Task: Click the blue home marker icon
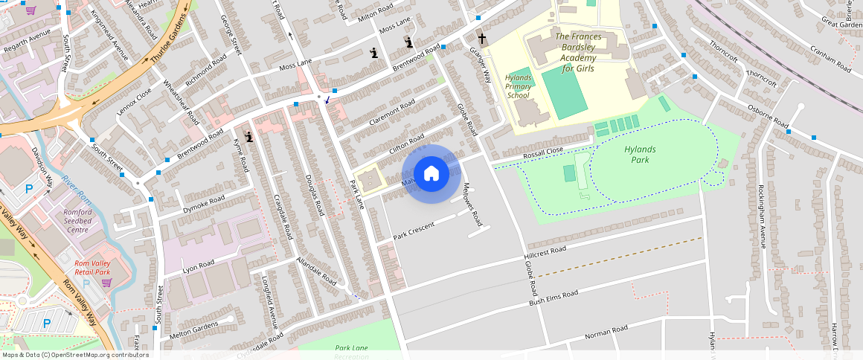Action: pyautogui.click(x=431, y=174)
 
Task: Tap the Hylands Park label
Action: pyautogui.click(x=641, y=154)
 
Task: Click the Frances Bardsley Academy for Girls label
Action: pyautogui.click(x=583, y=52)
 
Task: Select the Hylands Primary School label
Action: pyautogui.click(x=519, y=86)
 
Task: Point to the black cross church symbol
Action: pyautogui.click(x=481, y=38)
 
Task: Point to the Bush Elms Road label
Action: pyautogui.click(x=553, y=298)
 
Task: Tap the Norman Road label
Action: pyautogui.click(x=606, y=331)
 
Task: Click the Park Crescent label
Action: pyautogui.click(x=414, y=231)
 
